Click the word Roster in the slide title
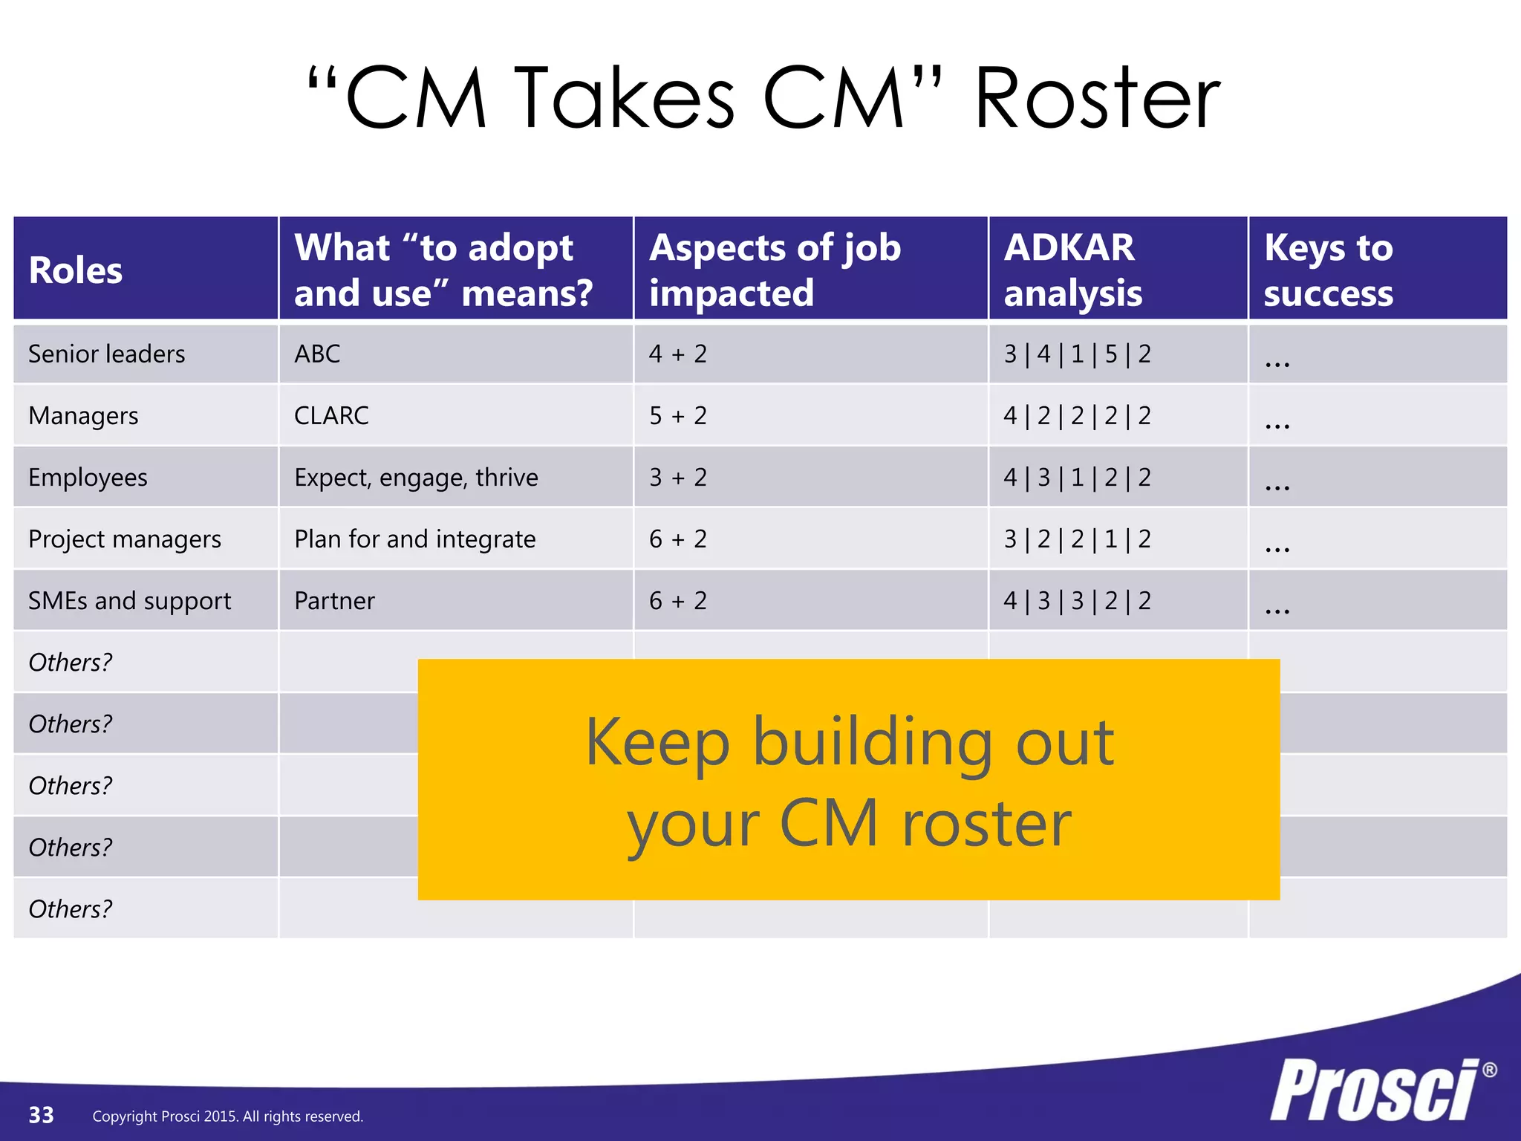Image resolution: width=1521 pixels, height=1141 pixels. (1097, 99)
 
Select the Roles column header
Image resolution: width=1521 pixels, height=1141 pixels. (76, 270)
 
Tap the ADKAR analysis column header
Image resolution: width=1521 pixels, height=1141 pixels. (1072, 270)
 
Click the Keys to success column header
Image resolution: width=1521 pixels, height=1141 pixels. (1328, 270)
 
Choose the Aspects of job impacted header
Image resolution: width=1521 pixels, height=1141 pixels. (775, 270)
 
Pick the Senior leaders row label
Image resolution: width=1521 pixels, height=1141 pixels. (107, 354)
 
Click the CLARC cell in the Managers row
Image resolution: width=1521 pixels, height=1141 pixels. (331, 416)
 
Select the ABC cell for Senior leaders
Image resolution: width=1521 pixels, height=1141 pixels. (317, 354)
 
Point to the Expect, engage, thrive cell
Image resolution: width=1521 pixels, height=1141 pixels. (416, 478)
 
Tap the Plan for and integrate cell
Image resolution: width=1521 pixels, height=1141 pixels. (414, 539)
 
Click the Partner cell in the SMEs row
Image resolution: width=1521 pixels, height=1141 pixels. (334, 601)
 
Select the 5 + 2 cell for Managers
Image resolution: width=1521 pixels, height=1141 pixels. (677, 416)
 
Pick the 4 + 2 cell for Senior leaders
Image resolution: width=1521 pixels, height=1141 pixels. (677, 354)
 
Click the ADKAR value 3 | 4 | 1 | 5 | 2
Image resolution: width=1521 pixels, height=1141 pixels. (1077, 354)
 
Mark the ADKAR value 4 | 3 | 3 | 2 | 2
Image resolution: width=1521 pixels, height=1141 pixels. (1077, 601)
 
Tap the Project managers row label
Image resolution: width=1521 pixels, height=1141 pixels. (125, 539)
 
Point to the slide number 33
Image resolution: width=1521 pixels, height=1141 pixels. (42, 1115)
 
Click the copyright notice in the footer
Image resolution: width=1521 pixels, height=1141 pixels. (227, 1116)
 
